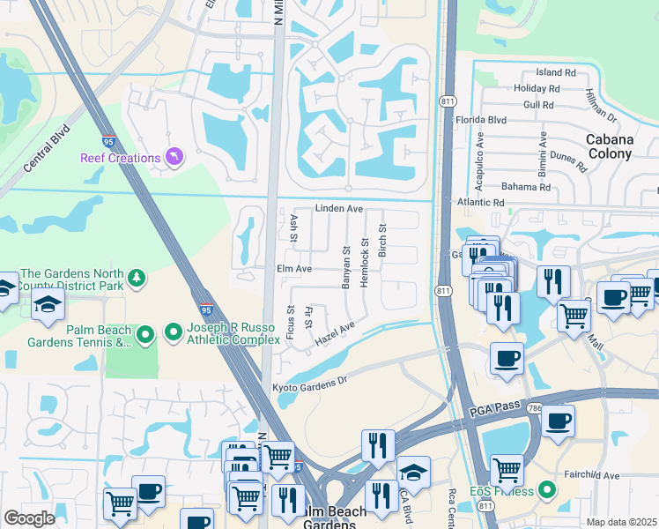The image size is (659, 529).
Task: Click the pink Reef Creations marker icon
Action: (x=174, y=157)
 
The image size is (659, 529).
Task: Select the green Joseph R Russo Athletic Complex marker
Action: (x=174, y=332)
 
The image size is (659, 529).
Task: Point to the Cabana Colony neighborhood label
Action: (x=609, y=146)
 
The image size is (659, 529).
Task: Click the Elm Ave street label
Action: (x=294, y=268)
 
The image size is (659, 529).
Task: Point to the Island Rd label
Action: (x=555, y=73)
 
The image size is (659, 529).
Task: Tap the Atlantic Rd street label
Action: (x=479, y=203)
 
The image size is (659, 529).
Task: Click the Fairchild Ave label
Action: (x=614, y=475)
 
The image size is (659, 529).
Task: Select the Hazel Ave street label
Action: (x=335, y=336)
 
